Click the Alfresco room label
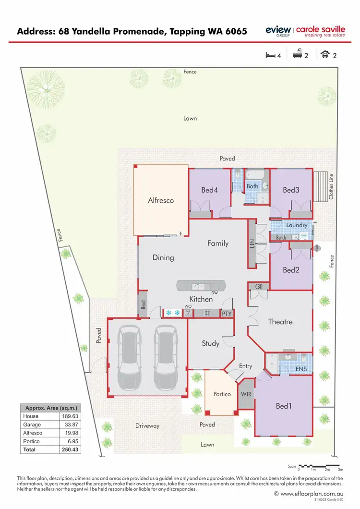pyautogui.click(x=161, y=201)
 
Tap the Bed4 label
pyautogui.click(x=210, y=190)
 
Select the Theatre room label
pyautogui.click(x=280, y=321)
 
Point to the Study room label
pyautogui.click(x=211, y=343)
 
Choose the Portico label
pyautogui.click(x=222, y=394)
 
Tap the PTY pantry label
pyautogui.click(x=227, y=314)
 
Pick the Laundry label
pyautogui.click(x=297, y=225)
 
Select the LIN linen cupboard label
pyautogui.click(x=252, y=243)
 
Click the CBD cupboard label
pyautogui.click(x=259, y=287)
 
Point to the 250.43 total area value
pyautogui.click(x=70, y=449)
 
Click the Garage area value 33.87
pyautogui.click(x=70, y=424)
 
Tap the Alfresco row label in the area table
pyautogui.click(x=32, y=433)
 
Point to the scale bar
pyautogui.click(x=320, y=465)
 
